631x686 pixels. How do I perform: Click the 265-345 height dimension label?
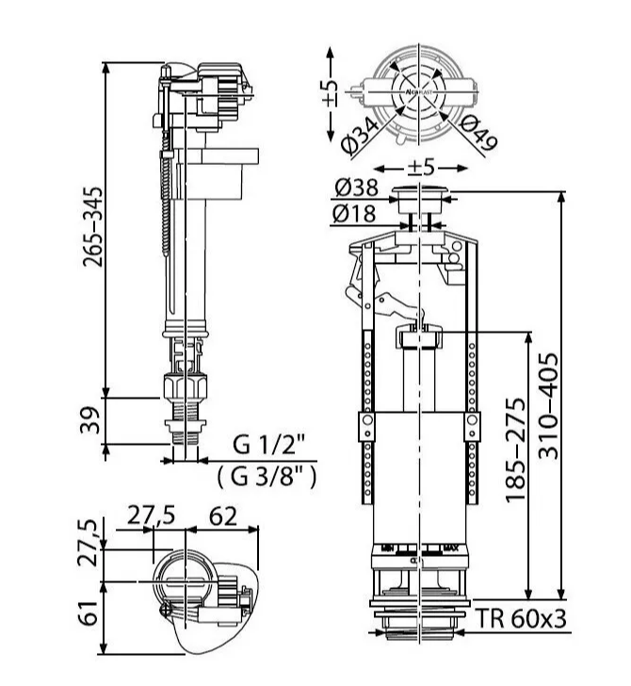(x=92, y=225)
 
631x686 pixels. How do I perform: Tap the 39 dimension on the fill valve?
(x=91, y=419)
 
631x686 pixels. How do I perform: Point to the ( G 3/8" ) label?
(x=267, y=477)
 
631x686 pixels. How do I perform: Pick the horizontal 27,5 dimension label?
(x=150, y=517)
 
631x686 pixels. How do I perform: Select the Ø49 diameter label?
(x=479, y=135)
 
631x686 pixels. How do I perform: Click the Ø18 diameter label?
(x=355, y=215)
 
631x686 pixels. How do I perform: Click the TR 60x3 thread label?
(x=520, y=619)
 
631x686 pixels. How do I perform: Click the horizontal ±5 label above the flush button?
(x=420, y=167)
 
